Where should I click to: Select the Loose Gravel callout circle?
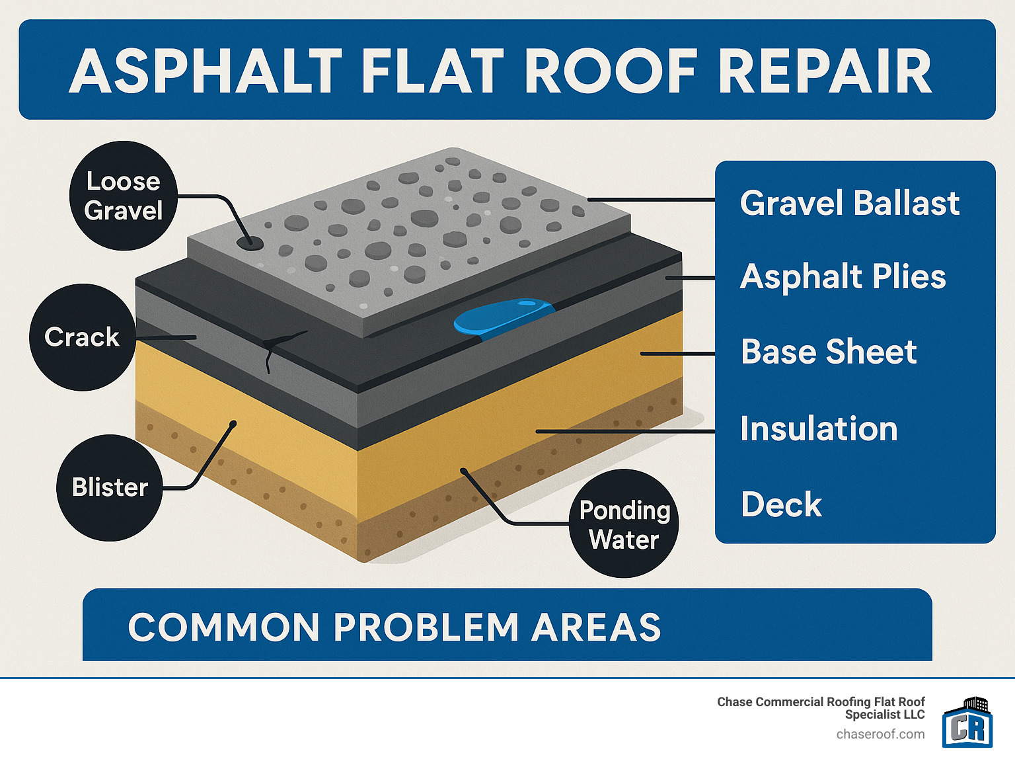(x=124, y=196)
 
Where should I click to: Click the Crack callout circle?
(x=82, y=337)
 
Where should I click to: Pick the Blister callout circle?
(x=110, y=487)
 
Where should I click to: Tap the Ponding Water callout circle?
(x=624, y=524)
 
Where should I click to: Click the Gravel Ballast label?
(x=849, y=203)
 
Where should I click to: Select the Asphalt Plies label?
(x=843, y=276)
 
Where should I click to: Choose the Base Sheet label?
(x=829, y=352)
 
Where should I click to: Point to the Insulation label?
(x=819, y=428)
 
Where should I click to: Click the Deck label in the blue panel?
(x=781, y=505)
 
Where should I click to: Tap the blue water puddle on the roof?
(x=504, y=315)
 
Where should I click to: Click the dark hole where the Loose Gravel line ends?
(x=250, y=244)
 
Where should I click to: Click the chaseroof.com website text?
(x=880, y=735)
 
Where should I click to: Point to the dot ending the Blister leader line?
(x=233, y=424)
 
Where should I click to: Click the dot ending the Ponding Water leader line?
(x=464, y=471)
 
